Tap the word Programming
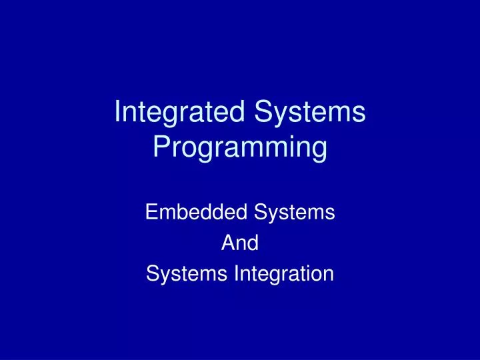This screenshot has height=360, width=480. [x=239, y=148]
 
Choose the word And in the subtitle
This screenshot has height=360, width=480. [x=239, y=243]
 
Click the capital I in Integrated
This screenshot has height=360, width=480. [x=118, y=111]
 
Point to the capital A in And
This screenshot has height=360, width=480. [x=227, y=243]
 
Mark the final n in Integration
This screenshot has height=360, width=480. [x=329, y=274]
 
